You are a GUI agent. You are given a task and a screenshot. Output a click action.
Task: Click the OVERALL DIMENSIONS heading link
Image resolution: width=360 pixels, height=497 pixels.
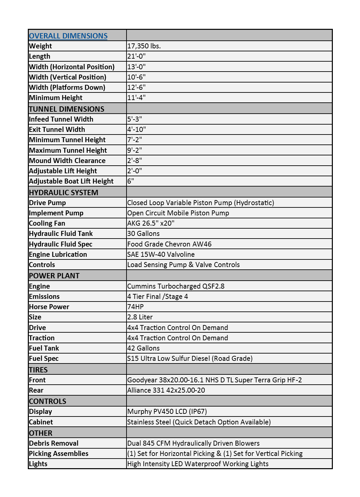[x=68, y=36]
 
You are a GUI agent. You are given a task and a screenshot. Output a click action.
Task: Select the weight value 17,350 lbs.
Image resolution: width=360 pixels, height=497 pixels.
[x=144, y=46]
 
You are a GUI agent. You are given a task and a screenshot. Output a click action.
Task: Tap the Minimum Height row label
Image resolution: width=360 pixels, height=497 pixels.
[x=56, y=98]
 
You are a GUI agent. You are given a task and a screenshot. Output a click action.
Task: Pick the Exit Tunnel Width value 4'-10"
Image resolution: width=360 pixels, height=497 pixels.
[x=137, y=130]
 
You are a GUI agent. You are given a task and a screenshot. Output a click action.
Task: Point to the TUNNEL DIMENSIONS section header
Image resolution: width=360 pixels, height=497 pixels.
[x=67, y=109]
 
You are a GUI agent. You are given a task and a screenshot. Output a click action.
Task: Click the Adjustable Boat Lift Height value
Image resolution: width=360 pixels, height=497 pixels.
[x=131, y=181]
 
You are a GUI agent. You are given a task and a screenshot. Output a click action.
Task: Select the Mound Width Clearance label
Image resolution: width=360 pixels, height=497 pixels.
[x=67, y=161]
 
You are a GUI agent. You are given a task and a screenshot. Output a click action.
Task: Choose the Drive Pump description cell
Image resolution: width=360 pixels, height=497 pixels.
[x=201, y=203]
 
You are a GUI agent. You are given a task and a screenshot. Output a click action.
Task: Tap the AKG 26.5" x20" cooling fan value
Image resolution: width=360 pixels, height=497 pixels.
[x=151, y=223]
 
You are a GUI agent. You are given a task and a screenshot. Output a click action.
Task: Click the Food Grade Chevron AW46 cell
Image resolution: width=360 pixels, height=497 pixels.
[x=169, y=244]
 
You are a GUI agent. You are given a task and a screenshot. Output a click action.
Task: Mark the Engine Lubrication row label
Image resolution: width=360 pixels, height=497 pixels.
[x=58, y=254]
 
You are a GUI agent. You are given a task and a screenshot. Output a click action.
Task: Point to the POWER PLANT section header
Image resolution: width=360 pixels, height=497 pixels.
[x=54, y=276]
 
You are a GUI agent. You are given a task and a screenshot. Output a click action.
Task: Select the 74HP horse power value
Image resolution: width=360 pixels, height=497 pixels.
[x=135, y=307]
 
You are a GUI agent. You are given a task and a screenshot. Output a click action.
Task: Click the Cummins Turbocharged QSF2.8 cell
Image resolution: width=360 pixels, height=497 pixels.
[x=176, y=286]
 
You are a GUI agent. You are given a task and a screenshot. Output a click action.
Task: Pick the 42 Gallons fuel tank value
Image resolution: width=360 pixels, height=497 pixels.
[x=143, y=348]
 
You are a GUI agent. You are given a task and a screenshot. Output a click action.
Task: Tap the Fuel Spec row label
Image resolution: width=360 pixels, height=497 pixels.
[x=44, y=359]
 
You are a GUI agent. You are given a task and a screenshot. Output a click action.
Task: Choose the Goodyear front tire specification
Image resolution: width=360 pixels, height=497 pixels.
[x=215, y=380]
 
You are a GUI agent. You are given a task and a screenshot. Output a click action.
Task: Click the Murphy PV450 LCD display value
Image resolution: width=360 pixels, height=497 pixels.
[x=167, y=412]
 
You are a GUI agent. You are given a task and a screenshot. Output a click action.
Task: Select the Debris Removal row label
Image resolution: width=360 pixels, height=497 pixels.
[x=54, y=443]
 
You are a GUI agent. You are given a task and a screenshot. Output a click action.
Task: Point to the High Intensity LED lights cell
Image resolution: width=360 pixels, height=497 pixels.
[x=198, y=464]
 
